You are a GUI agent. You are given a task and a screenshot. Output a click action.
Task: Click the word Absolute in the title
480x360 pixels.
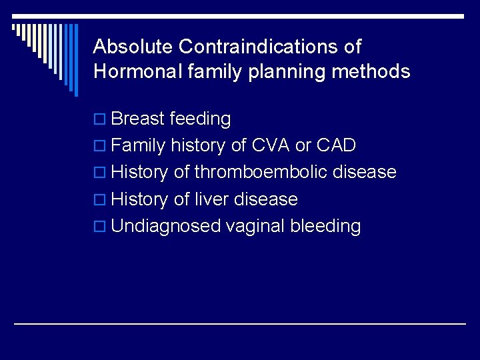[x=133, y=47]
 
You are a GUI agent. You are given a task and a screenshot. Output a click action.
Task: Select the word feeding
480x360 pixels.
[x=200, y=119]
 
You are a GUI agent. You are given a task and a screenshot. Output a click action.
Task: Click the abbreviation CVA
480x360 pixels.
[x=270, y=145]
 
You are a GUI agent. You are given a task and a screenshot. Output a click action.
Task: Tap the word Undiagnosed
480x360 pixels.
[x=166, y=227]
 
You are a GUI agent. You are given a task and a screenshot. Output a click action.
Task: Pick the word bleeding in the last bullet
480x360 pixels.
[x=325, y=227]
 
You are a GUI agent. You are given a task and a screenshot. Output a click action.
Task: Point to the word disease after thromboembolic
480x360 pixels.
[x=365, y=173]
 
